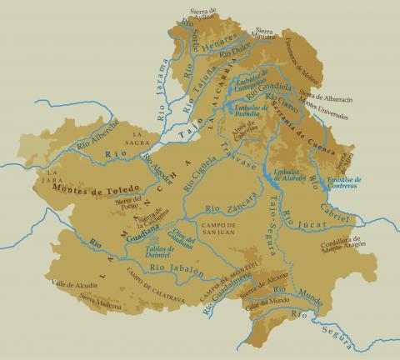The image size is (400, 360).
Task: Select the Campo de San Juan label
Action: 216,228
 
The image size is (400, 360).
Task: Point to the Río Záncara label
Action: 218,206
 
